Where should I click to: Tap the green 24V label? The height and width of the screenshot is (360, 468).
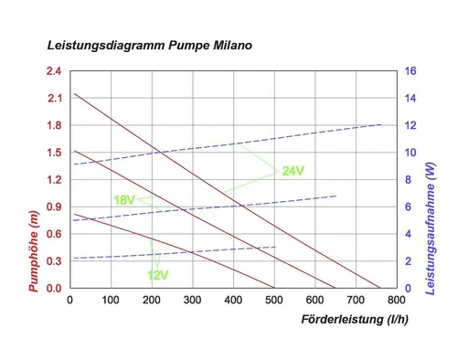292,170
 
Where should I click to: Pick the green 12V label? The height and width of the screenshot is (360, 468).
157,273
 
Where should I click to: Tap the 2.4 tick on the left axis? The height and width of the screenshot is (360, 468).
53,71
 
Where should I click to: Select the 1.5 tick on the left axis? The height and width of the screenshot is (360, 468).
53,153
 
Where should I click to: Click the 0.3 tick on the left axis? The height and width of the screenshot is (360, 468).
53,261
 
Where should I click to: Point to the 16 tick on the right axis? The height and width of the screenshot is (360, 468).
410,71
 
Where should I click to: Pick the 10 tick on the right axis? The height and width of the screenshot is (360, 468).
410,153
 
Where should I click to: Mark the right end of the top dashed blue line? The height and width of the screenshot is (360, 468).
381,124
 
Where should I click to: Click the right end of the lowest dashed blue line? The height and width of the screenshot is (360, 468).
275,247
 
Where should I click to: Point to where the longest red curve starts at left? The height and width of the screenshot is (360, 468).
75,93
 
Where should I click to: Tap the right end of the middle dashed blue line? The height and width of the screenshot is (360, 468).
336,196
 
